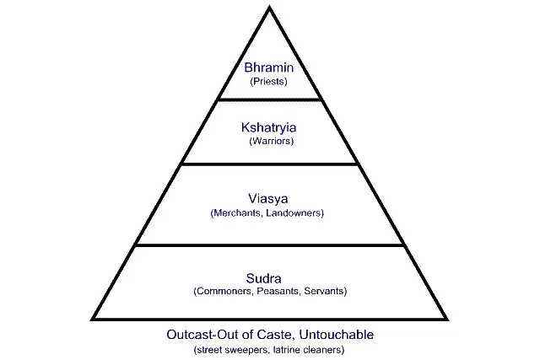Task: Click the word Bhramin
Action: tap(268, 67)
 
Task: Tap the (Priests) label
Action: tap(268, 82)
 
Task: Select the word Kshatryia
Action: tap(268, 127)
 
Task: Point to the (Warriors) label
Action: tap(272, 141)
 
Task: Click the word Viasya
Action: tap(268, 199)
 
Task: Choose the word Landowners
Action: tap(294, 213)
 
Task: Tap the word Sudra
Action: tap(263, 278)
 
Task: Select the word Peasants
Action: tap(278, 291)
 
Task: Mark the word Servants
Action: tap(324, 291)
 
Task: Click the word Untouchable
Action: tap(337, 335)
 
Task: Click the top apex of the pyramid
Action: tap(270, 6)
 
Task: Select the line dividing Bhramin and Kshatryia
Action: tap(270, 99)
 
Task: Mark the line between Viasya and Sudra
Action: tap(270, 245)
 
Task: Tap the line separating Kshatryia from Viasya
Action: tap(270, 164)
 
